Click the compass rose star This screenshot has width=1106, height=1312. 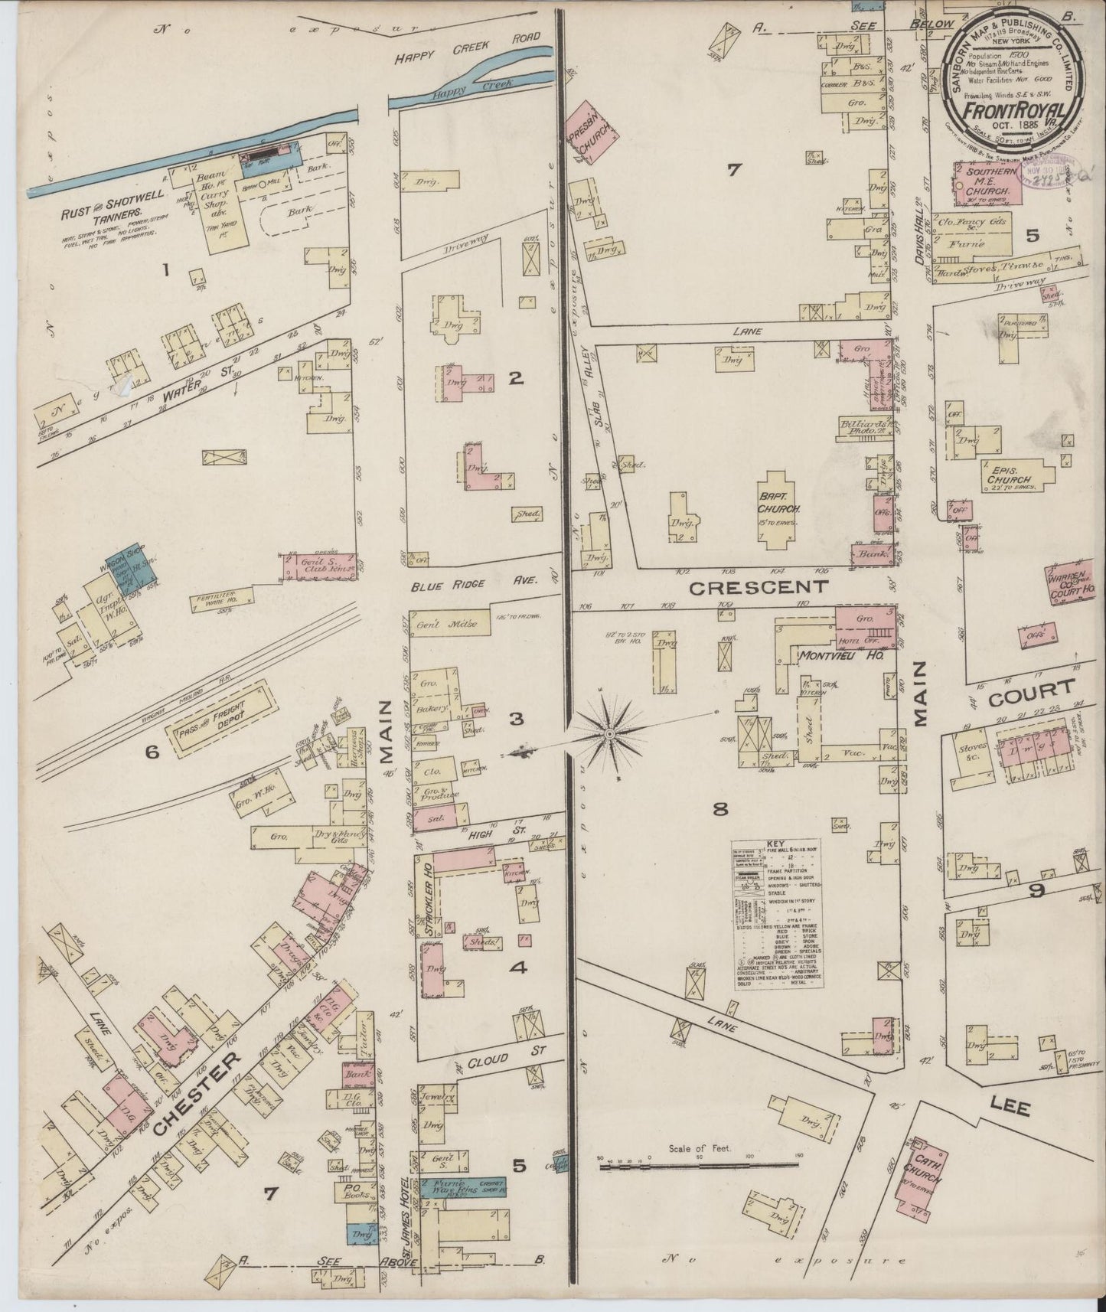(x=609, y=734)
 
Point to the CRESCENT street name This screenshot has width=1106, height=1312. (x=759, y=587)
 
